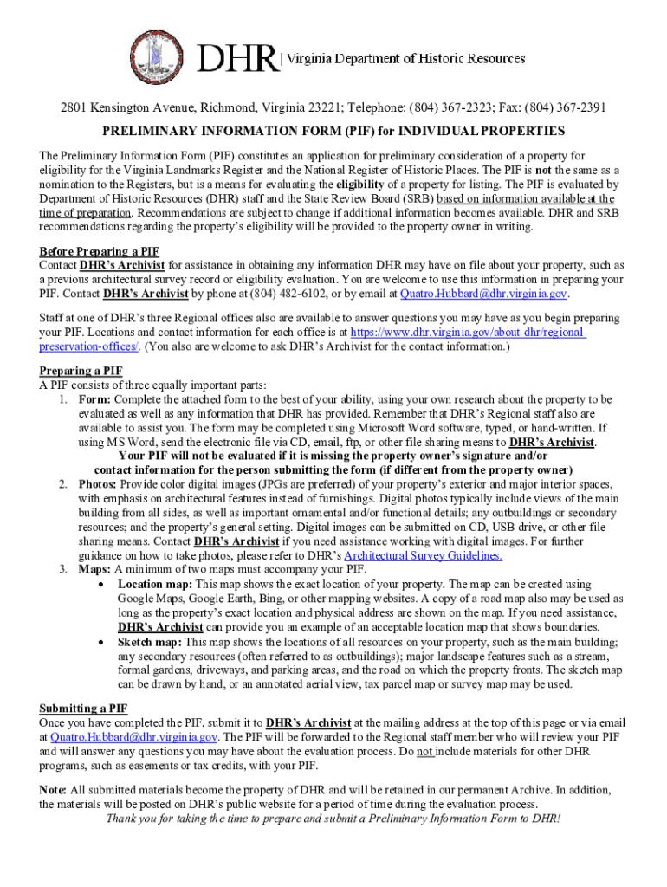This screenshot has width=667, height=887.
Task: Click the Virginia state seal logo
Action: click(159, 59)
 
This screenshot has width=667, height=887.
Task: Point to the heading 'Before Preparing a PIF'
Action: click(99, 251)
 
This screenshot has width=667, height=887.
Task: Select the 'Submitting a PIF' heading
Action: click(83, 709)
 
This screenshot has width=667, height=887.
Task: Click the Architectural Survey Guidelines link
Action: click(423, 556)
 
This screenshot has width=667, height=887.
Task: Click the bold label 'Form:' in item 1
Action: click(94, 399)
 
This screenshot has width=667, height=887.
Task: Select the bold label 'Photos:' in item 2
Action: click(98, 484)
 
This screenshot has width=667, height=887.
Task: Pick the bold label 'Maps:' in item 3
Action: click(94, 569)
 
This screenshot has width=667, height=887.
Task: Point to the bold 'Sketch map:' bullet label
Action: click(150, 642)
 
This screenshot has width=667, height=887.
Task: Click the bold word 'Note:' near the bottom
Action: click(53, 789)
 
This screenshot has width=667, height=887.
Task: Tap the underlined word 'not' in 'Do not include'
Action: click(424, 752)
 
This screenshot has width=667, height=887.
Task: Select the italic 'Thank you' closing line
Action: click(333, 819)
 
